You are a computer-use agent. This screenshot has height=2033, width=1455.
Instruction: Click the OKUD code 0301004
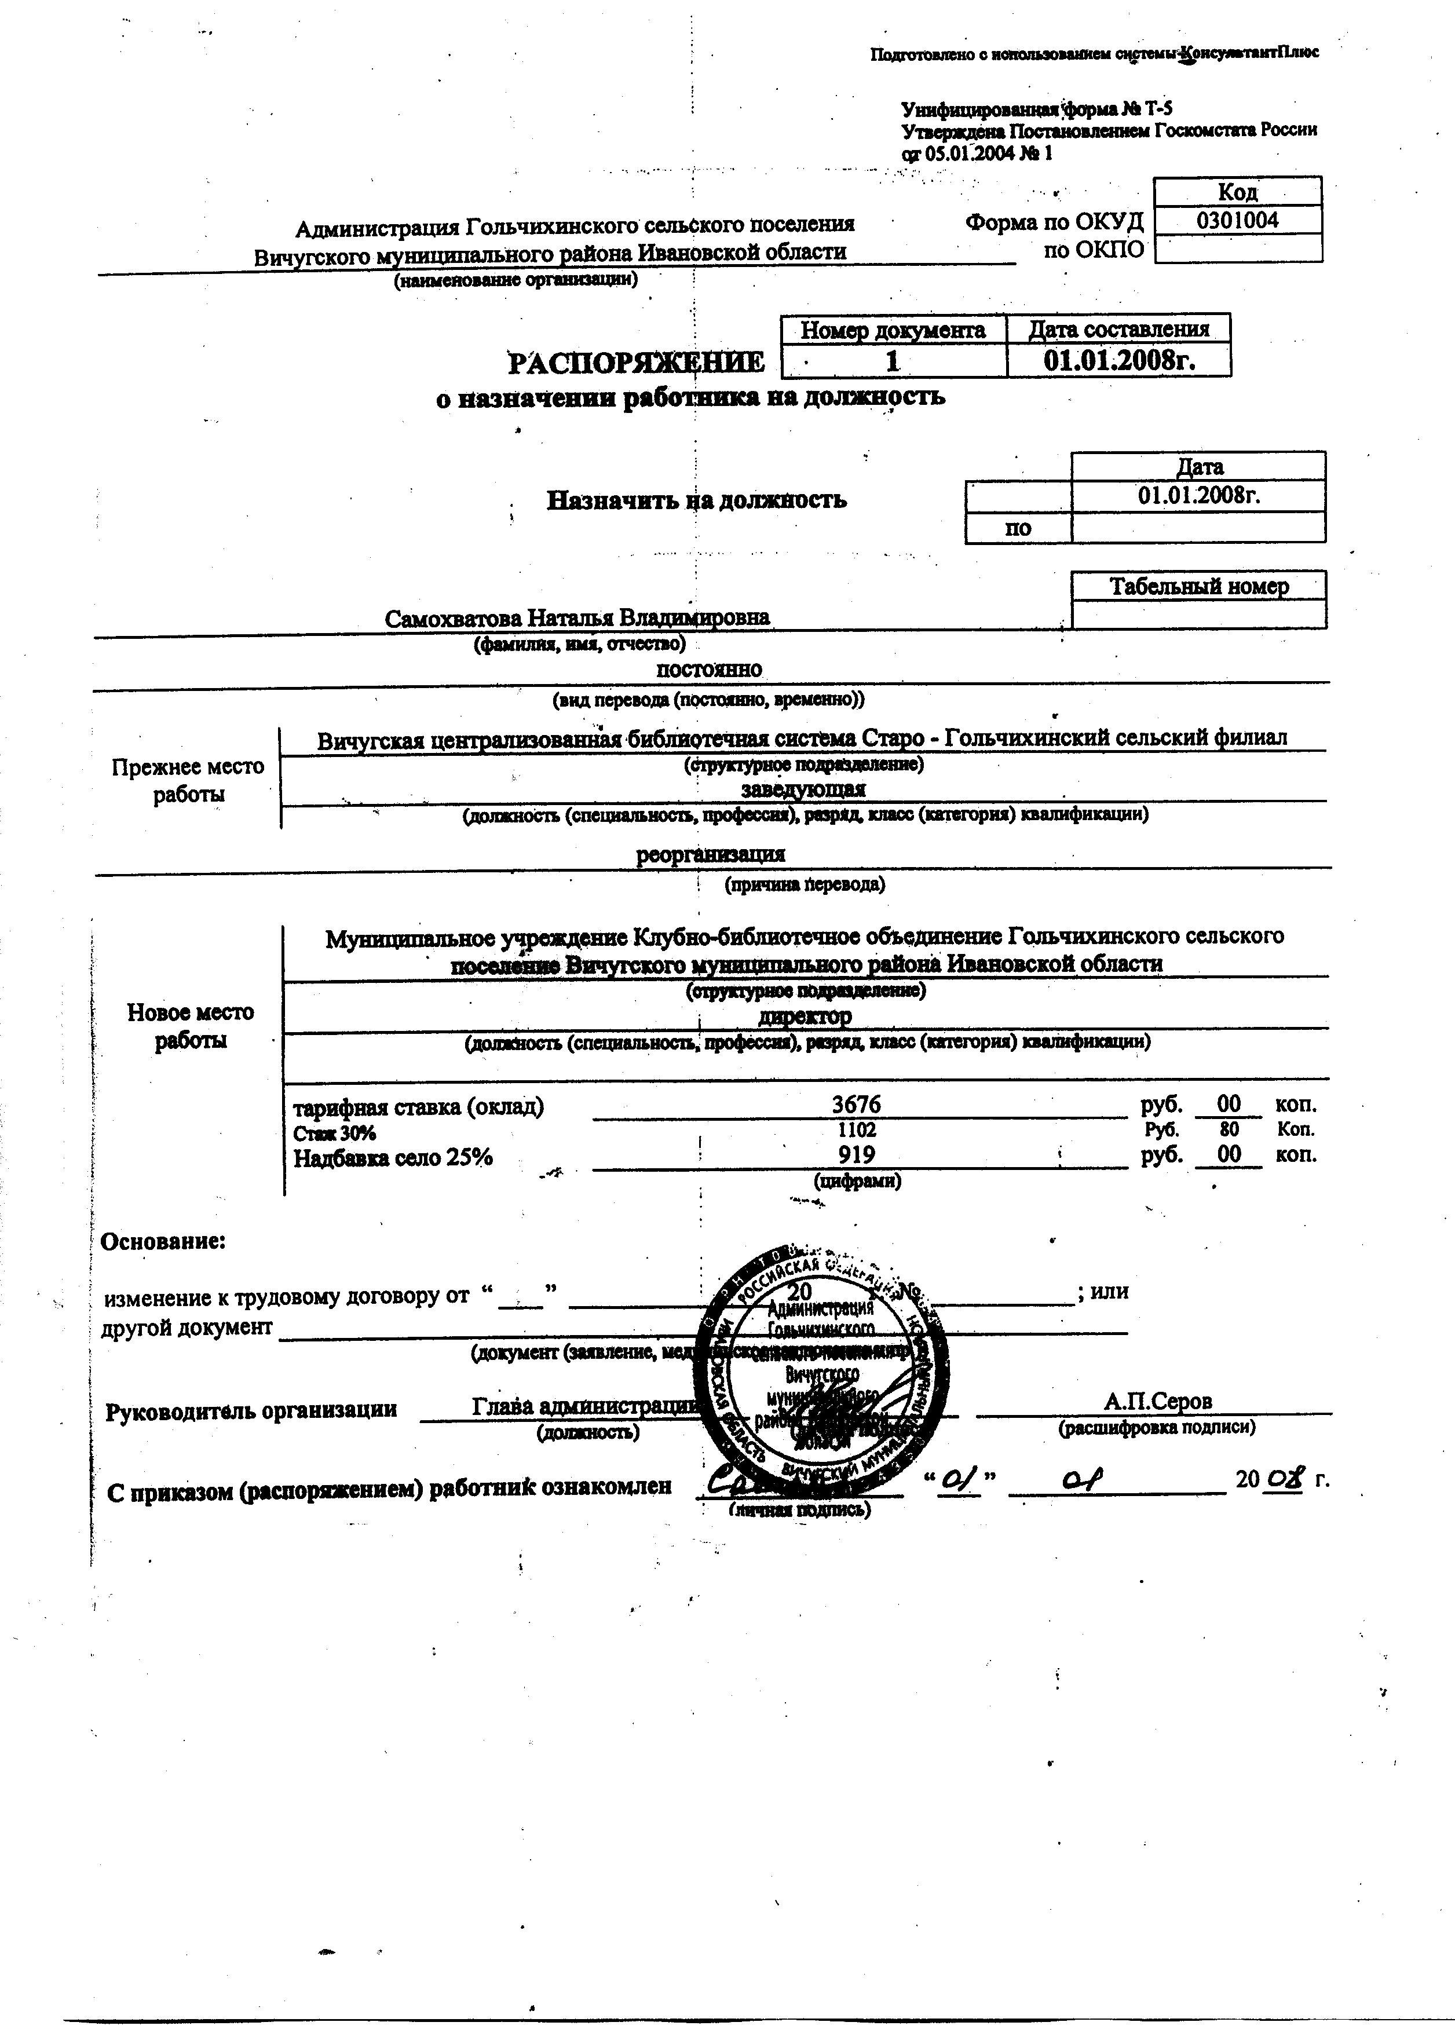[1237, 221]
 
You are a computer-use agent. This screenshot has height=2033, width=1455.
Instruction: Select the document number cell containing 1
[893, 361]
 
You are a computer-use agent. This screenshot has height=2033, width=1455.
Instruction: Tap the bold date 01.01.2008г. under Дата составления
[1120, 360]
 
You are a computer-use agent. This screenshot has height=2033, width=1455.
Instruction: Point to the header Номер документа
[893, 330]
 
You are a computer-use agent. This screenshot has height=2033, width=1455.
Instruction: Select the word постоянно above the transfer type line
[710, 670]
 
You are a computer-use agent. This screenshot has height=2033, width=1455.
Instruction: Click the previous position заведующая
[803, 788]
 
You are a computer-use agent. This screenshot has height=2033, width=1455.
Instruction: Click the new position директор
[805, 1016]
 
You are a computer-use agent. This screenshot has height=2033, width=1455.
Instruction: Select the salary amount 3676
[857, 1106]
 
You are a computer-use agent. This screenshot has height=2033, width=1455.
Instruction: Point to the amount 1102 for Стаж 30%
[857, 1131]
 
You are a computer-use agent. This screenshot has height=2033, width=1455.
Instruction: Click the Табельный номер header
[1199, 586]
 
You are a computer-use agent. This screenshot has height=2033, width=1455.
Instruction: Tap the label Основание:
[163, 1242]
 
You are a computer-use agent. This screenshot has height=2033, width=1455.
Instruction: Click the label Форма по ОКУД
[1055, 222]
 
